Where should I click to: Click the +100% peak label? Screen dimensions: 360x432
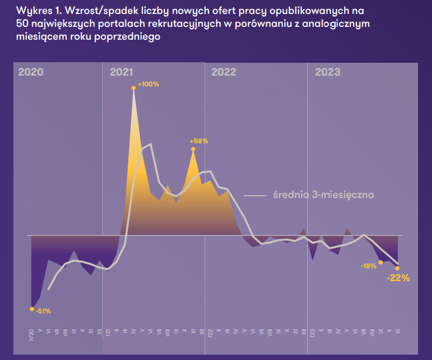click(x=148, y=84)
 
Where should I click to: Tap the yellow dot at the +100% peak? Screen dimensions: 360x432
click(x=133, y=88)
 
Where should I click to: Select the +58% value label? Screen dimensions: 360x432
click(x=199, y=141)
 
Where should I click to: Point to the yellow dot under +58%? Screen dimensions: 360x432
click(x=193, y=149)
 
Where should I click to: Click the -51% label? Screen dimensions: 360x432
click(x=43, y=311)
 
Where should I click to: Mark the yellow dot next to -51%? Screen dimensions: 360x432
click(x=32, y=309)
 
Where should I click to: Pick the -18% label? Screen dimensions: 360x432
click(x=369, y=266)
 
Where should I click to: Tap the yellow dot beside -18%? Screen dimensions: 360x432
click(x=381, y=262)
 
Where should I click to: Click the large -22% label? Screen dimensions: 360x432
click(x=398, y=278)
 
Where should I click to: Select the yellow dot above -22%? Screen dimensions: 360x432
click(x=397, y=268)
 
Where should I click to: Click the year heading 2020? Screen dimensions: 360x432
click(x=31, y=72)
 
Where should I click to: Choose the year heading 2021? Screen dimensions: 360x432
click(x=122, y=72)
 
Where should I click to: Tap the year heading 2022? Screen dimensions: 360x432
click(x=224, y=72)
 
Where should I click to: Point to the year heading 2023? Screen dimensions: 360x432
click(x=327, y=72)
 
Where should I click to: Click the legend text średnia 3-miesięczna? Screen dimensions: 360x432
click(x=323, y=195)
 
